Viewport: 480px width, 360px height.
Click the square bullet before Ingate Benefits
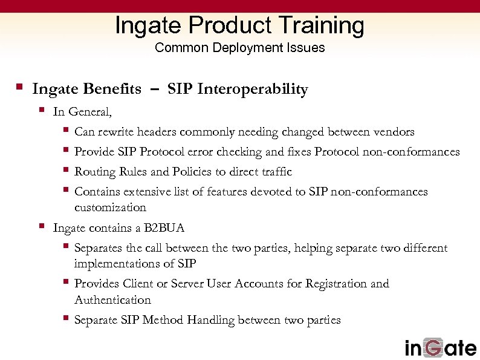click(x=19, y=88)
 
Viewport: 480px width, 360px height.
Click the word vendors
click(x=393, y=132)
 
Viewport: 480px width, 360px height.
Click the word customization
click(x=110, y=208)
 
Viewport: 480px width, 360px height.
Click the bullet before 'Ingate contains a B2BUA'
click(x=41, y=227)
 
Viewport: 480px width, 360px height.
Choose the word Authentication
click(x=112, y=300)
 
